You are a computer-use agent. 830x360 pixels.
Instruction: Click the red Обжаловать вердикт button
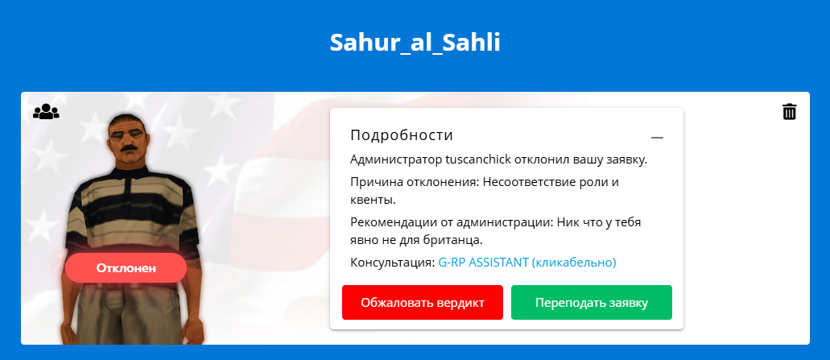[423, 303]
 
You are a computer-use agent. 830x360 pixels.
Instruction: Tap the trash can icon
[789, 112]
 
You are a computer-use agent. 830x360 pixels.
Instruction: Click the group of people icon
[46, 112]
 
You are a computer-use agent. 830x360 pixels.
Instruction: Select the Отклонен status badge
[126, 268]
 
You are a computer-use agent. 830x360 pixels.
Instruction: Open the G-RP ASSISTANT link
[527, 263]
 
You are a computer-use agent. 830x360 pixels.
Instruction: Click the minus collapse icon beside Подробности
[657, 138]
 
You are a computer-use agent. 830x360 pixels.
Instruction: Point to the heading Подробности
[402, 135]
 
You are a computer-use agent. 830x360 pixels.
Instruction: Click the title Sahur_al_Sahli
[415, 43]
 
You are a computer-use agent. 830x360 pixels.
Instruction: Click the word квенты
[373, 201]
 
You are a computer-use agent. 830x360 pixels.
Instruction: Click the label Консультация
[392, 263]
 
